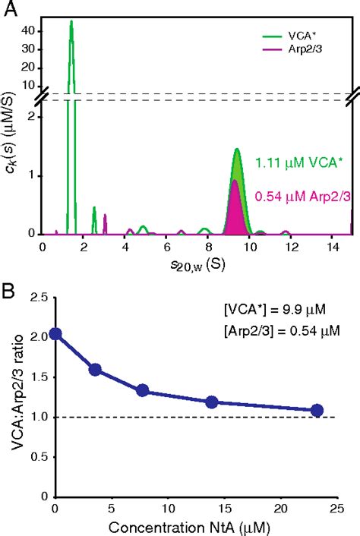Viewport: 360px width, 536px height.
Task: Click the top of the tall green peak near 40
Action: pos(71,22)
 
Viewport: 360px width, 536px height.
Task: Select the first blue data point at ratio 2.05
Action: pos(55,333)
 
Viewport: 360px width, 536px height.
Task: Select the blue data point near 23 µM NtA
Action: pos(317,410)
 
